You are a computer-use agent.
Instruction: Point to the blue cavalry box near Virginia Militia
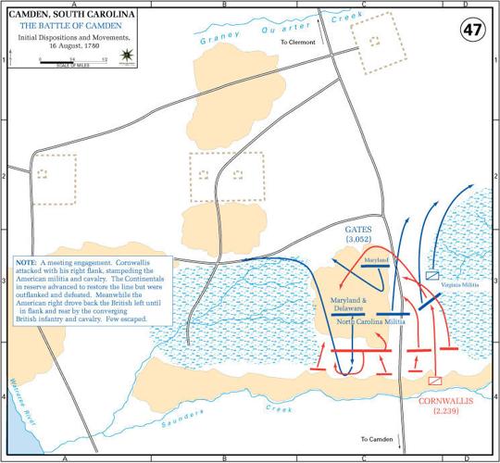click(x=431, y=275)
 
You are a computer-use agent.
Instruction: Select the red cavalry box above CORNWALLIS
click(x=433, y=380)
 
